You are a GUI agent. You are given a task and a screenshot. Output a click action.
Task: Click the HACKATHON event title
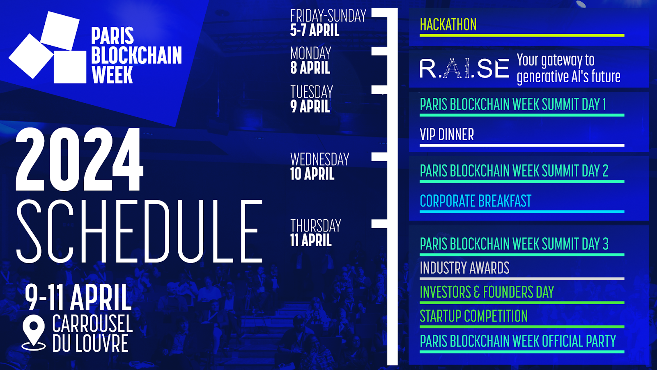[448, 25]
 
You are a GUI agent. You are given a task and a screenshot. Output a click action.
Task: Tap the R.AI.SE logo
[464, 68]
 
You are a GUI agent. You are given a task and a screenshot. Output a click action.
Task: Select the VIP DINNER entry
[447, 134]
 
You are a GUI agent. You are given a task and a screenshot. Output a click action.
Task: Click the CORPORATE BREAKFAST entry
[476, 201]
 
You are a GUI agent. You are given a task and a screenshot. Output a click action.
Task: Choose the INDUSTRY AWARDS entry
[464, 268]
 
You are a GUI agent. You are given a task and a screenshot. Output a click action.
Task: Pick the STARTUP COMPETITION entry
[474, 316]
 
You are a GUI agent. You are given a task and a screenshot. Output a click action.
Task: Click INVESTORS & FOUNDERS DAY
[487, 292]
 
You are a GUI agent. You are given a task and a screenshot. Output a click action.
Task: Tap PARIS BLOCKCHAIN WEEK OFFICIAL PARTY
[518, 341]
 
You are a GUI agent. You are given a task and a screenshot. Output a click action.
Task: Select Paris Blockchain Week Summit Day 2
[514, 171]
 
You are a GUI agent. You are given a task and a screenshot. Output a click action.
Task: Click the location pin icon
[34, 333]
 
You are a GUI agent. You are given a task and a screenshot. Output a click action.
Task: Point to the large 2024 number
[79, 159]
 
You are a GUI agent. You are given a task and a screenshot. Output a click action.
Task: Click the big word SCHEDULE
[139, 231]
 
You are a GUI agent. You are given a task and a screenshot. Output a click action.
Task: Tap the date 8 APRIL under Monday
[310, 68]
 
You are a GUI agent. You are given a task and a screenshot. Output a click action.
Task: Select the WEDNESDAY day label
[320, 159]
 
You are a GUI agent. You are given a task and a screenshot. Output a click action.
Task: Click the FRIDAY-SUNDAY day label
[328, 16]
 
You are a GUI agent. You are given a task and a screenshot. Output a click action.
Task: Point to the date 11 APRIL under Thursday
[311, 240]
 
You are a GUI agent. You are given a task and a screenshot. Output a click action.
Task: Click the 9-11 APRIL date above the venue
[78, 297]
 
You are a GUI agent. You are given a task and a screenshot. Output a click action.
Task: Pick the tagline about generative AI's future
[568, 68]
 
